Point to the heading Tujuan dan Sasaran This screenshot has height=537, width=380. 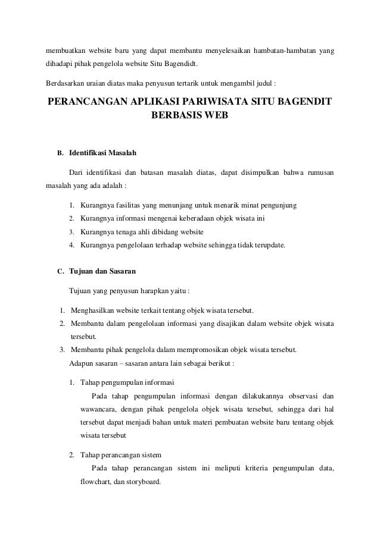(102, 272)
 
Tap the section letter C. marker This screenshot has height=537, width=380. (60, 272)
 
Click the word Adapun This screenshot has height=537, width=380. (82, 362)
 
